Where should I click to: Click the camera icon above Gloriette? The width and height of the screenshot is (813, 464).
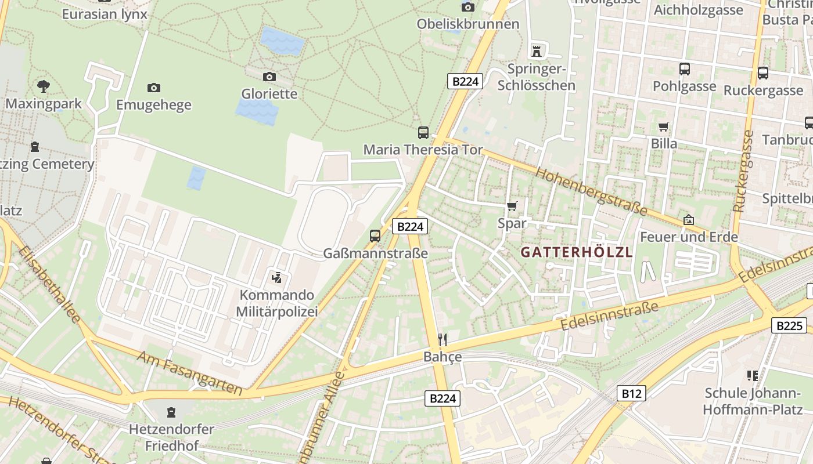pyautogui.click(x=269, y=77)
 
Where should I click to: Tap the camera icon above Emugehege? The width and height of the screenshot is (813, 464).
pyautogui.click(x=153, y=88)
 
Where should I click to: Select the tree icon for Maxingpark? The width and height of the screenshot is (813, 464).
pyautogui.click(x=43, y=87)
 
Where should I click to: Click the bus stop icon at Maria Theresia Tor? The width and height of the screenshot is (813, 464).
pyautogui.click(x=423, y=132)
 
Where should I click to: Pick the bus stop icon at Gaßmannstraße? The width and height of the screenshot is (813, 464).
pyautogui.click(x=375, y=236)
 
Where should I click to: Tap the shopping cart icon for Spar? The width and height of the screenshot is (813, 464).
pyautogui.click(x=512, y=206)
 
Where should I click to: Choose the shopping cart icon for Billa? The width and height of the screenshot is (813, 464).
pyautogui.click(x=663, y=126)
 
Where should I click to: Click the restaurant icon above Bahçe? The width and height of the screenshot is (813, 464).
pyautogui.click(x=443, y=339)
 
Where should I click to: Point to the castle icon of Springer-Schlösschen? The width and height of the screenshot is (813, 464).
pyautogui.click(x=537, y=51)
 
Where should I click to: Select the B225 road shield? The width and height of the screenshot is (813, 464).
pyautogui.click(x=789, y=325)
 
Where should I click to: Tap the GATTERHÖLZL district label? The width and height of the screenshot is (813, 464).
pyautogui.click(x=576, y=252)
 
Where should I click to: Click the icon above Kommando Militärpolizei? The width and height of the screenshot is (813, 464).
pyautogui.click(x=277, y=277)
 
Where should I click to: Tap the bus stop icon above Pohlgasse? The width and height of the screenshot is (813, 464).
pyautogui.click(x=684, y=69)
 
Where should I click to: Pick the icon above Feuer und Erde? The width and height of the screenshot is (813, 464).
pyautogui.click(x=689, y=220)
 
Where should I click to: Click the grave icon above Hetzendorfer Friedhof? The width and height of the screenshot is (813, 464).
pyautogui.click(x=171, y=412)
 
